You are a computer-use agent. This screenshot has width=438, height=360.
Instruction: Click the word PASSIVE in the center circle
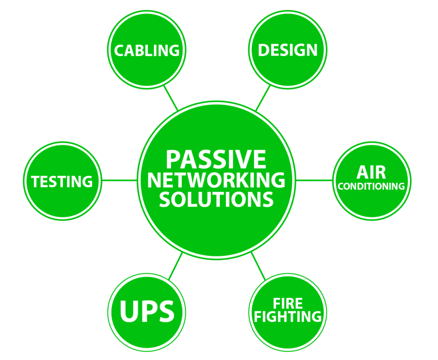[x=216, y=159]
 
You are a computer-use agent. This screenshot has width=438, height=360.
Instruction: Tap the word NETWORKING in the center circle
[x=216, y=180]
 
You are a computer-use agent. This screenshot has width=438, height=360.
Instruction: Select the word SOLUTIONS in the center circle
[x=216, y=199]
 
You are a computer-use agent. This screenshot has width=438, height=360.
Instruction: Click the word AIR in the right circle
[x=371, y=172]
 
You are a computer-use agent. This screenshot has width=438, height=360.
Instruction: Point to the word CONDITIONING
[x=371, y=187]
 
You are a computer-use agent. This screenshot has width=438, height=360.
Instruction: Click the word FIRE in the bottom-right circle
[x=288, y=304]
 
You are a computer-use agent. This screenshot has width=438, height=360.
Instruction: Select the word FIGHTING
[x=287, y=317]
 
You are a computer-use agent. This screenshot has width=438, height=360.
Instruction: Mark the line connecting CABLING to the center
[x=171, y=97]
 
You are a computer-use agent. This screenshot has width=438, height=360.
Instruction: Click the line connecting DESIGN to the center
[x=263, y=98]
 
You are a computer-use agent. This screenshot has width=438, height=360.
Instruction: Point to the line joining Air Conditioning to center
[x=314, y=180]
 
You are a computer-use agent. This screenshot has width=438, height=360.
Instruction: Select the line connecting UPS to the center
[x=176, y=266]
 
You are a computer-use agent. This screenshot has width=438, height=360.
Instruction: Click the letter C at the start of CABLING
[x=119, y=51]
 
